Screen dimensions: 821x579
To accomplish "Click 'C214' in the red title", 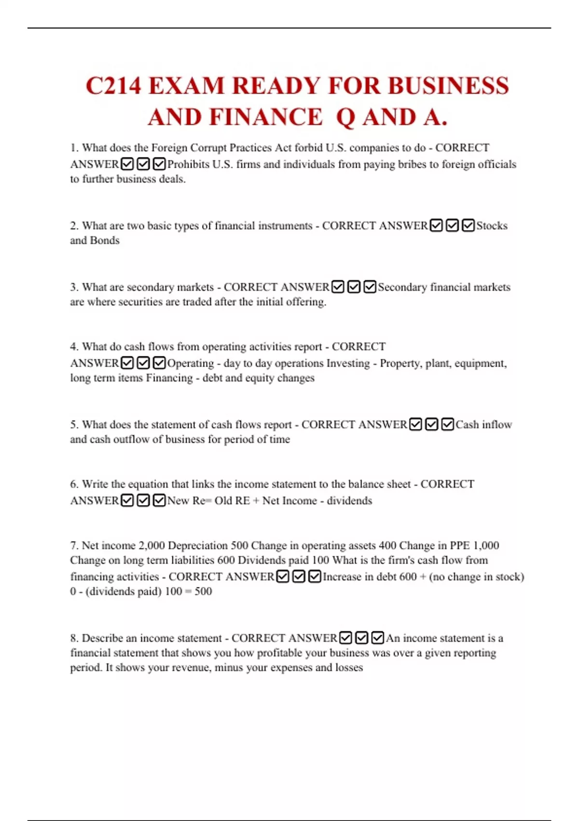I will click(x=113, y=86).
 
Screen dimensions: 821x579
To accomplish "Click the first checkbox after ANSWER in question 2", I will click(x=436, y=226).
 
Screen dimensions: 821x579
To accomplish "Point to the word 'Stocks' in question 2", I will click(x=492, y=226).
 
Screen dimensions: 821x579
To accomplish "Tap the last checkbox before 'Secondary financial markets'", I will click(x=370, y=287).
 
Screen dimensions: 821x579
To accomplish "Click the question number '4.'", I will click(x=74, y=347).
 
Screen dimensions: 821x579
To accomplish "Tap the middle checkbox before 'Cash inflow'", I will click(x=432, y=425).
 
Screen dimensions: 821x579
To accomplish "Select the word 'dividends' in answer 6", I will click(x=349, y=501).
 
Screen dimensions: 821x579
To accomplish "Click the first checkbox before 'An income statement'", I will click(x=345, y=638).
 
